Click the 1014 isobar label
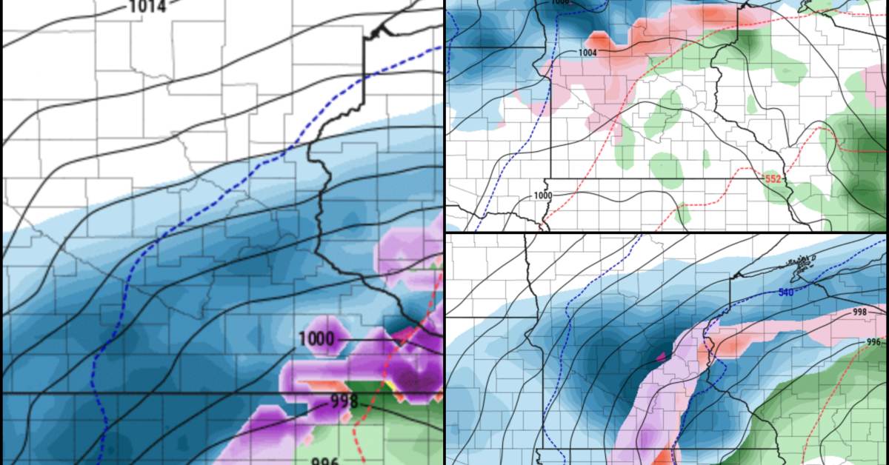coord(147,7)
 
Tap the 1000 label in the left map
coord(316,340)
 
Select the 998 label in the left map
coord(344,402)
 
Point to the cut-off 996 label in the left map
coord(324,461)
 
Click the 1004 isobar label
coord(587,53)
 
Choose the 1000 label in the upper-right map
coord(543,195)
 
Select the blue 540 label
coord(788,293)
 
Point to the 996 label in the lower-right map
coord(875,342)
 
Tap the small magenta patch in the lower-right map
coord(660,356)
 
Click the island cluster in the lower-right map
coord(802,263)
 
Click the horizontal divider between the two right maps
coord(667,232)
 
